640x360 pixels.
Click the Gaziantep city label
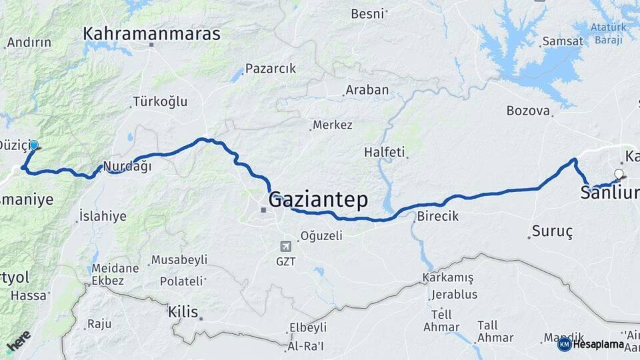click(x=318, y=199)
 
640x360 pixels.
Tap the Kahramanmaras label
click(x=152, y=33)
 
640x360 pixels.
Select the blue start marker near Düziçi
click(x=34, y=145)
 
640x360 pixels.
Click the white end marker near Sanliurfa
click(x=619, y=175)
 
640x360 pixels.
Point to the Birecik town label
click(x=438, y=217)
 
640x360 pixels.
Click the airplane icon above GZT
click(x=286, y=245)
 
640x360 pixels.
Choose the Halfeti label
click(x=385, y=152)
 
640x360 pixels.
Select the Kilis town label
click(x=184, y=311)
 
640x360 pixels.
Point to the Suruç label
click(x=552, y=232)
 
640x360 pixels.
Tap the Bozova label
click(x=527, y=111)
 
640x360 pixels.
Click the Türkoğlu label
click(x=160, y=102)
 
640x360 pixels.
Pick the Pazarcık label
click(x=270, y=69)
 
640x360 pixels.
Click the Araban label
click(x=367, y=90)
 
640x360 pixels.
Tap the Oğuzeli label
click(x=321, y=235)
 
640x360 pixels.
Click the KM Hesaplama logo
click(x=591, y=344)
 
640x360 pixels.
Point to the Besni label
click(x=368, y=13)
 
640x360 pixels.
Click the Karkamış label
click(x=447, y=277)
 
